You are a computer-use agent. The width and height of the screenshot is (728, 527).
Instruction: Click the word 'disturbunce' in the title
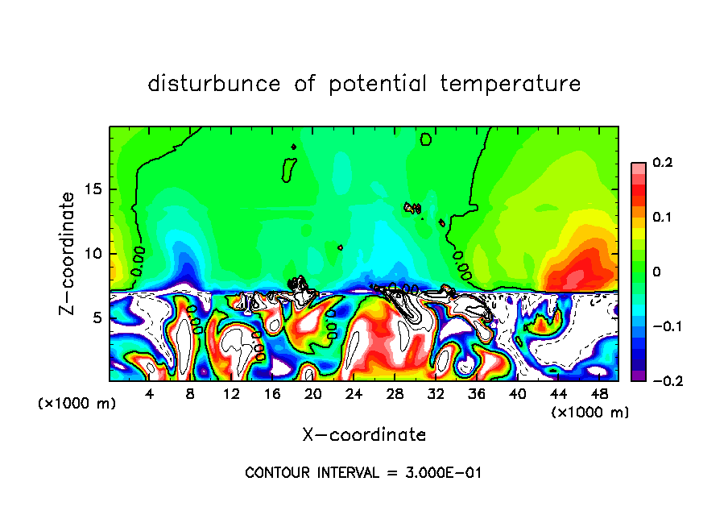tap(214, 84)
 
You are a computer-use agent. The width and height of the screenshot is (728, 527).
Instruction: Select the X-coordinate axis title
tap(364, 435)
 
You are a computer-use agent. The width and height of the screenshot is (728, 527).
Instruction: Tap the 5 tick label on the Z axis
tap(97, 317)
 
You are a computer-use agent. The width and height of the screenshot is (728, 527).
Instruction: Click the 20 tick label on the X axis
tap(313, 394)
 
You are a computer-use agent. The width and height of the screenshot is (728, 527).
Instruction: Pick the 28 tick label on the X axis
tap(395, 394)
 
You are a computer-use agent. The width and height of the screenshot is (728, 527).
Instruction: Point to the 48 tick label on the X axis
tap(598, 394)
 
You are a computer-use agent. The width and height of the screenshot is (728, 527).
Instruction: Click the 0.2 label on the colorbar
tap(663, 163)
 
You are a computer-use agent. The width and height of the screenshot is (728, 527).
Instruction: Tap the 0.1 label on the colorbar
tap(663, 218)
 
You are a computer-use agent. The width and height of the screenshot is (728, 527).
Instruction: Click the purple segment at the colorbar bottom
tap(638, 375)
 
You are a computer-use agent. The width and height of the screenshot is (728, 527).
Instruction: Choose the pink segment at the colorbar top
tap(638, 168)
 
